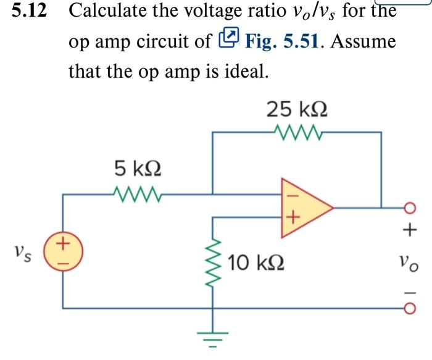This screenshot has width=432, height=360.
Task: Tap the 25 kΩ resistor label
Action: click(x=296, y=109)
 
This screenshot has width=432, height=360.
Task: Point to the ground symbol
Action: click(x=214, y=339)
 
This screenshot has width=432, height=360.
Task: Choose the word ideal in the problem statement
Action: click(x=245, y=71)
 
